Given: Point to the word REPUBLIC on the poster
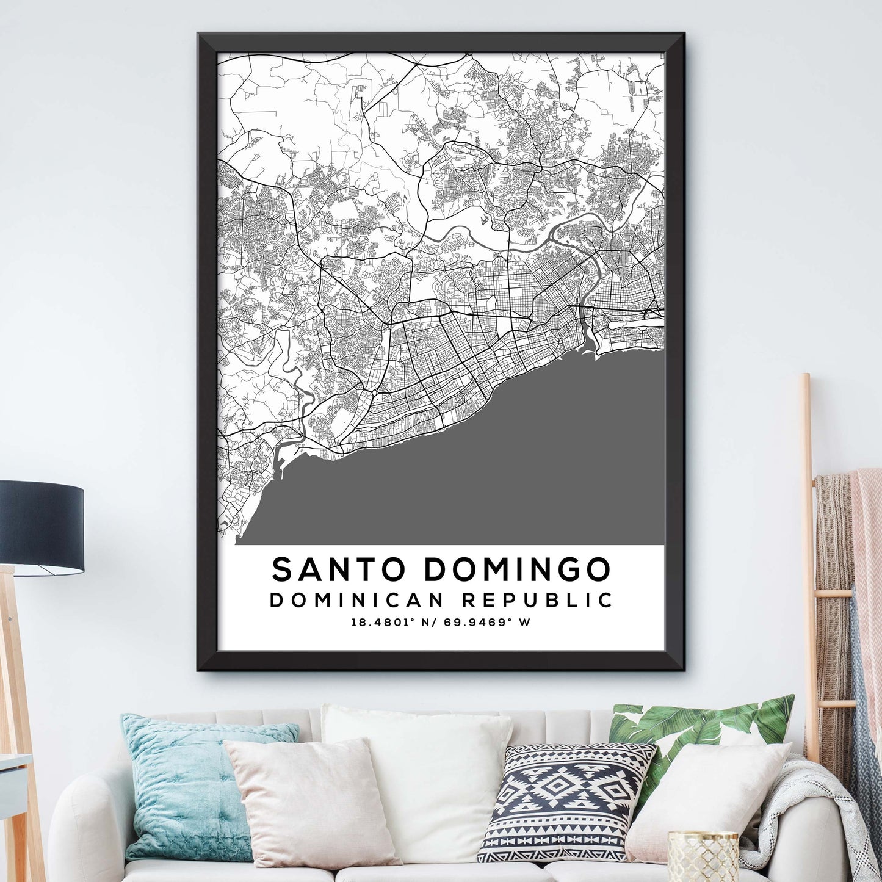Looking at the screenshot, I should tap(537, 600).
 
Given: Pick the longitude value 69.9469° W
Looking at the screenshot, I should tap(489, 623).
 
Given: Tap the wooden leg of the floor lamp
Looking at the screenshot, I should tap(18, 702).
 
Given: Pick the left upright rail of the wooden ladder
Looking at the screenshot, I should tap(809, 549).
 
